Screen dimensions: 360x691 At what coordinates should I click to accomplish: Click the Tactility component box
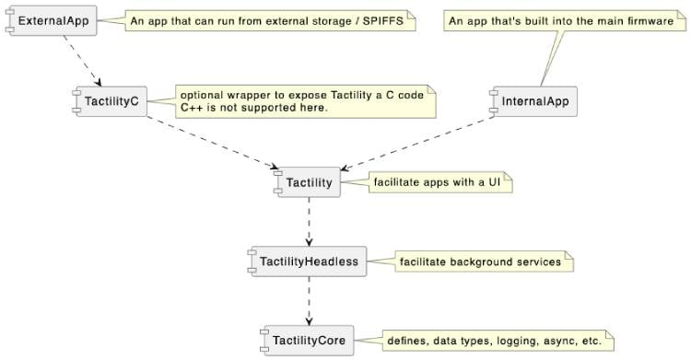tap(309, 182)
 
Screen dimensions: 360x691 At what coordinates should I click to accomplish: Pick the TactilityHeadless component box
tap(308, 261)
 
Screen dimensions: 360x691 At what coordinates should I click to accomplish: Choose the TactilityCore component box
tap(308, 341)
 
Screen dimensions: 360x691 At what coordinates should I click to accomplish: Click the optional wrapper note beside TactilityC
tap(304, 101)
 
